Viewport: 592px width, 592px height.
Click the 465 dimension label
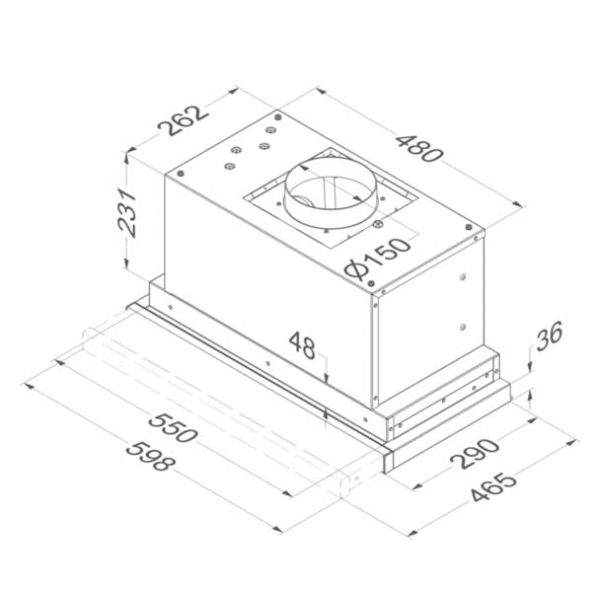coord(490,489)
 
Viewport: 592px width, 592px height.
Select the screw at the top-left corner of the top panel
coord(181,171)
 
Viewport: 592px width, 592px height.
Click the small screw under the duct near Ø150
coord(378,225)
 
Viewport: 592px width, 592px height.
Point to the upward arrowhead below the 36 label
coord(531,397)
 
